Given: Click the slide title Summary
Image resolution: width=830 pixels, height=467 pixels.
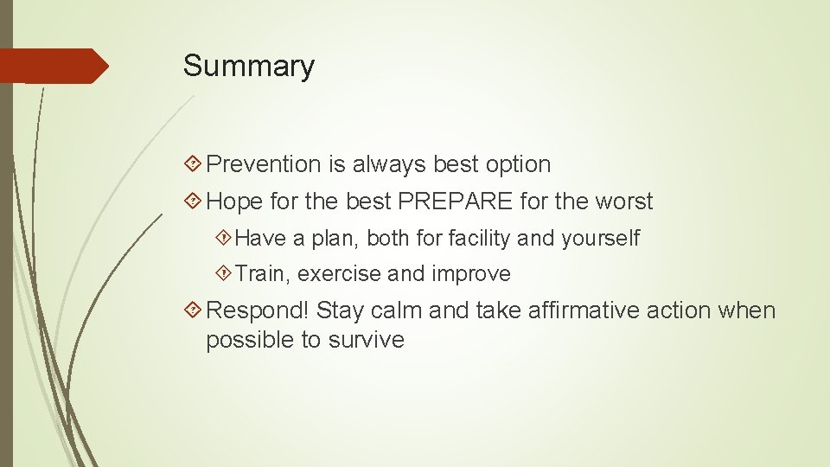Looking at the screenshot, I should [249, 67].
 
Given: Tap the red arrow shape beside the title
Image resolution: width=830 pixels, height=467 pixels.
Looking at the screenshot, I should [54, 66].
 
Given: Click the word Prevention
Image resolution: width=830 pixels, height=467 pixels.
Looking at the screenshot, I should [264, 164].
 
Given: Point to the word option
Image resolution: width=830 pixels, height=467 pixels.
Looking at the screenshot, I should [518, 164].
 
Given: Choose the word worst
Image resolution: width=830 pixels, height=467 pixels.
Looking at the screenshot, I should [623, 202].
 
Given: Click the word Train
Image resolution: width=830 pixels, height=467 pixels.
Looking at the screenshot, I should [264, 275].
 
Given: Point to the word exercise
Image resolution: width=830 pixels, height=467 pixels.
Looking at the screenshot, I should [340, 275].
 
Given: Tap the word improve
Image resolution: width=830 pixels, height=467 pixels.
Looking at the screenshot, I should [471, 275].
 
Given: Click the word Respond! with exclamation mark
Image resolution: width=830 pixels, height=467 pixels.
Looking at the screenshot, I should [259, 310].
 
